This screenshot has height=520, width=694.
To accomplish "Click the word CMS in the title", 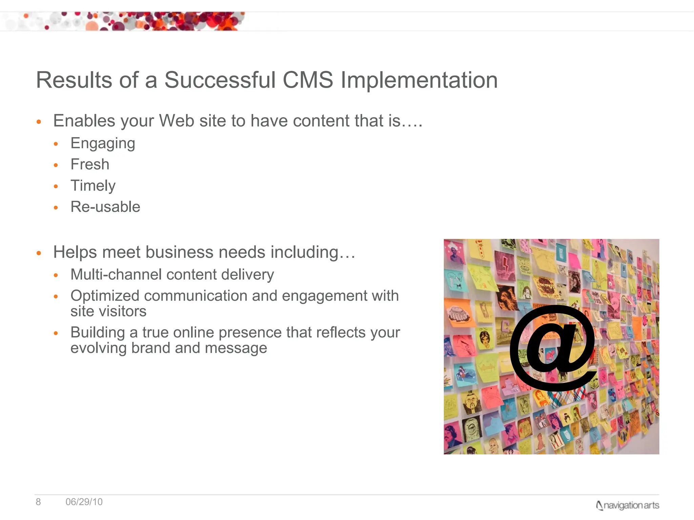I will pyautogui.click(x=308, y=80).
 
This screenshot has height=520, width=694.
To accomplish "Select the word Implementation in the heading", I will pyautogui.click(x=419, y=80).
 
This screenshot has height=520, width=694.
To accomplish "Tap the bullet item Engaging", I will pyautogui.click(x=103, y=144).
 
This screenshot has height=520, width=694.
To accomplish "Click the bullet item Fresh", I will pyautogui.click(x=90, y=165).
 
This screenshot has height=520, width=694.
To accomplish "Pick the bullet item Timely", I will pyautogui.click(x=93, y=186).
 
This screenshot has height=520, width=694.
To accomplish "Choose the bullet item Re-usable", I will pyautogui.click(x=105, y=207).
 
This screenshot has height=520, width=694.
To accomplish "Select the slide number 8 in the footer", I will pyautogui.click(x=38, y=502).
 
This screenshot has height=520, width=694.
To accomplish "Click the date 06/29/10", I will pyautogui.click(x=84, y=502).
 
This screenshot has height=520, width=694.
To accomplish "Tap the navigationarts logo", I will pyautogui.click(x=627, y=505).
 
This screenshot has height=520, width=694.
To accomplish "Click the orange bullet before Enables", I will pyautogui.click(x=39, y=122).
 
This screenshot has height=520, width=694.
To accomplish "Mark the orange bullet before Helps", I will pyautogui.click(x=39, y=253).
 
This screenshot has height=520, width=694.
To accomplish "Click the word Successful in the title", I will pyautogui.click(x=220, y=80).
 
